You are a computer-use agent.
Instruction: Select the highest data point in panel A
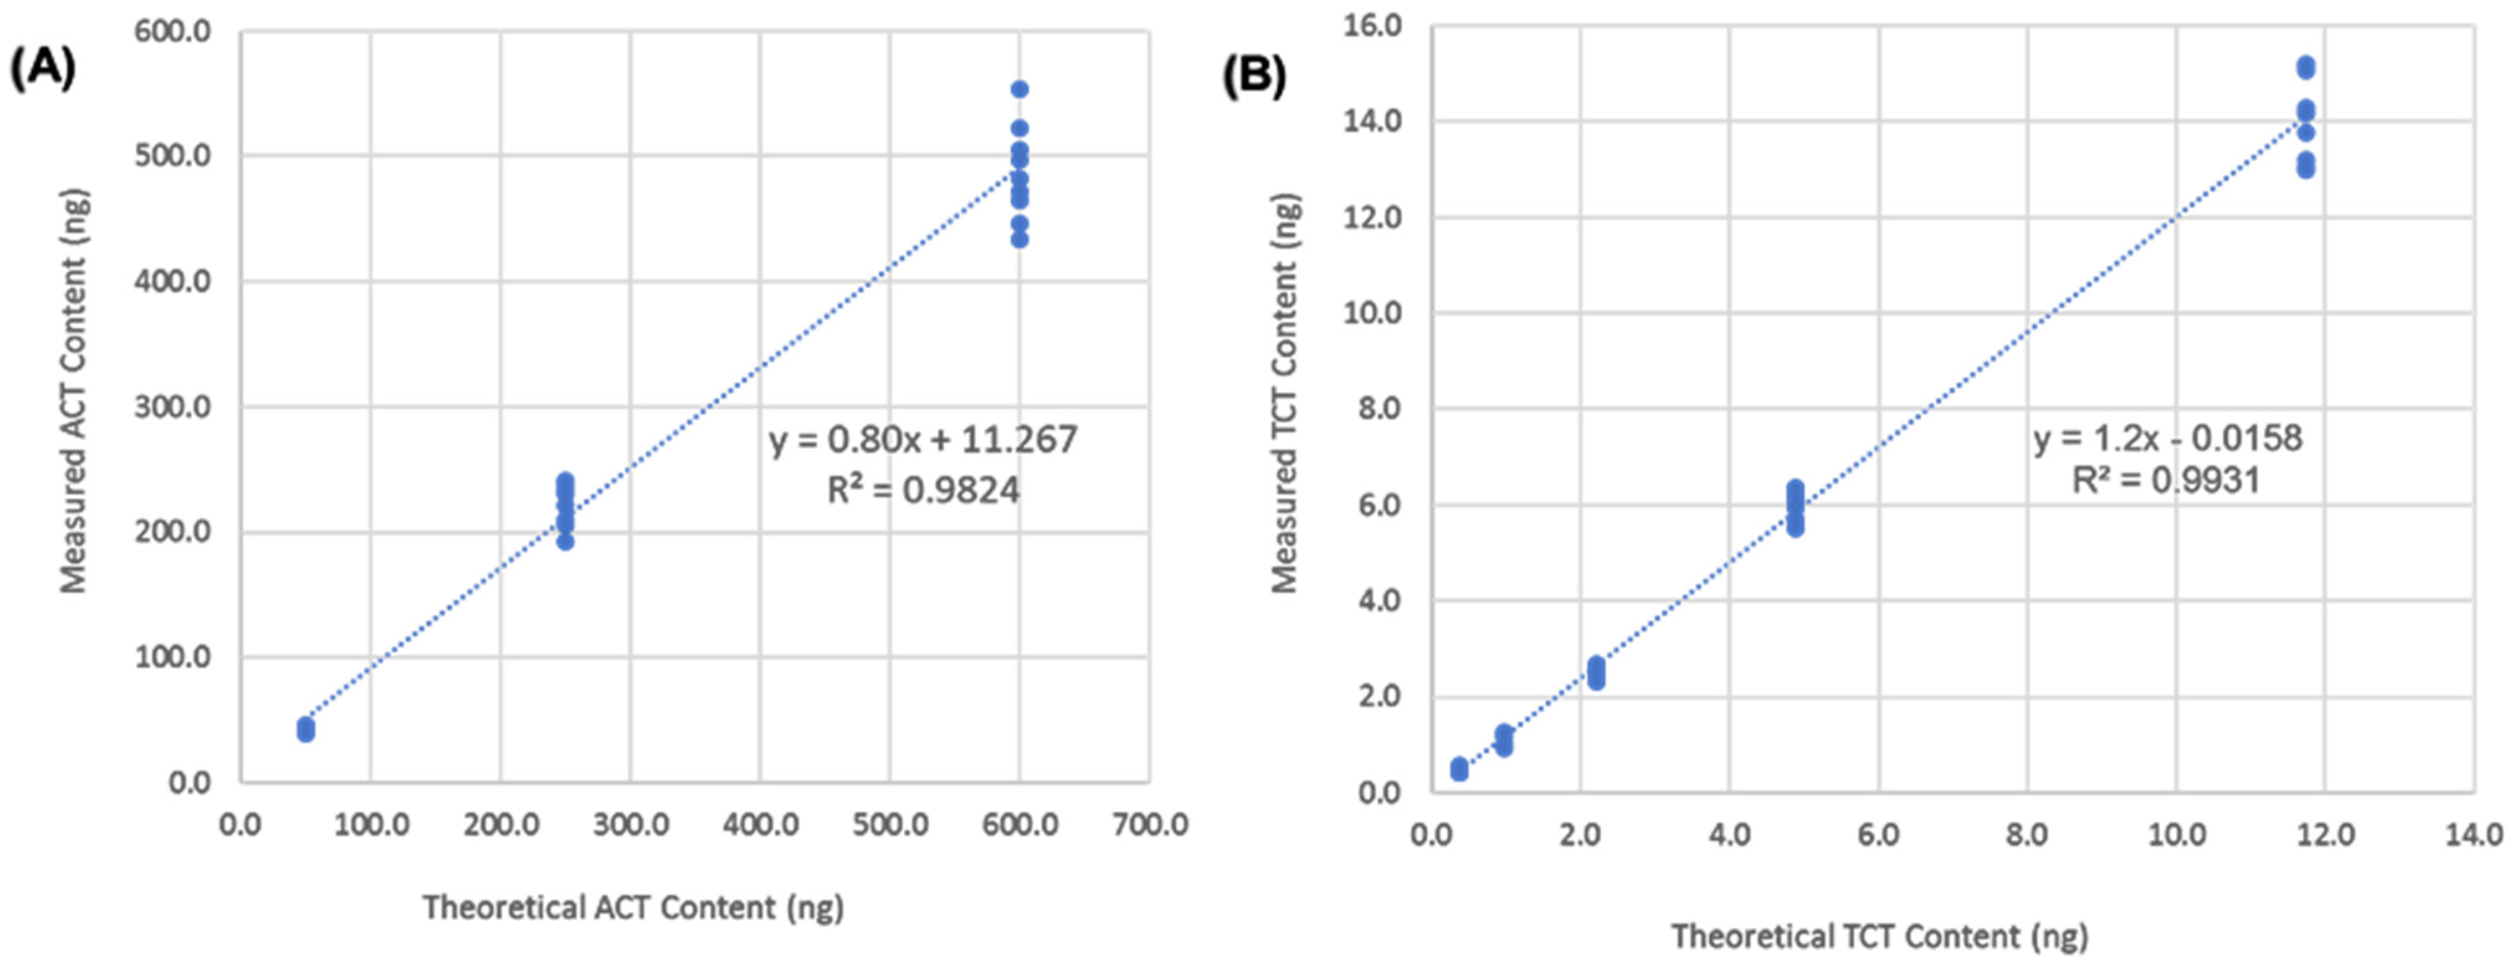tap(1020, 89)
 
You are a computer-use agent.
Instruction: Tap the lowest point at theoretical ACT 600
tap(1020, 239)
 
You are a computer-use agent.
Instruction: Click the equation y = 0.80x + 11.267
tap(923, 440)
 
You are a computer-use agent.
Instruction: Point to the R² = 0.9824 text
tap(923, 490)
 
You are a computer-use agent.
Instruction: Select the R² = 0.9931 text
tap(2166, 480)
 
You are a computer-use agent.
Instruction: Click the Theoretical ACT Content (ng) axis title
tap(632, 907)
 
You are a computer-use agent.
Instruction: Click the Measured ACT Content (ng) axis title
tap(74, 390)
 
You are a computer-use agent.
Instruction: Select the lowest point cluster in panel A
tap(306, 730)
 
